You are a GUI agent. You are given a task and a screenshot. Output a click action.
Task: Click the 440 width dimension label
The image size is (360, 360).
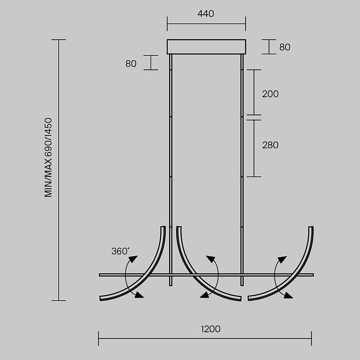point(206,14)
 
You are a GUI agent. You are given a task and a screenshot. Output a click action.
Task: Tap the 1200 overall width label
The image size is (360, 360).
point(211,329)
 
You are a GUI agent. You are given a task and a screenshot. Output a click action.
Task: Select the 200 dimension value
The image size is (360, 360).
point(270,94)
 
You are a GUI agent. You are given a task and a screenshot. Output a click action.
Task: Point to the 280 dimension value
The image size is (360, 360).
point(270,145)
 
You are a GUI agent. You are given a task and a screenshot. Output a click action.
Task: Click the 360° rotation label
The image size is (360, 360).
point(120,251)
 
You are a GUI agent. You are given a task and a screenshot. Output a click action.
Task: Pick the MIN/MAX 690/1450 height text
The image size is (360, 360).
point(49,158)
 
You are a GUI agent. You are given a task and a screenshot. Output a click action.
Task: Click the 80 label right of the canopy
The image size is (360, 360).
point(285,47)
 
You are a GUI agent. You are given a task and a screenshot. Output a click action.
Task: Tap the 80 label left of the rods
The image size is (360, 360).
point(131,64)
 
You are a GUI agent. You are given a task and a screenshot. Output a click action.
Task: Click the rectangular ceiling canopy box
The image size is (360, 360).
point(206,47)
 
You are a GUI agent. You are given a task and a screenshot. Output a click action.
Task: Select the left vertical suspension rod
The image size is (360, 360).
point(171,170)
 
